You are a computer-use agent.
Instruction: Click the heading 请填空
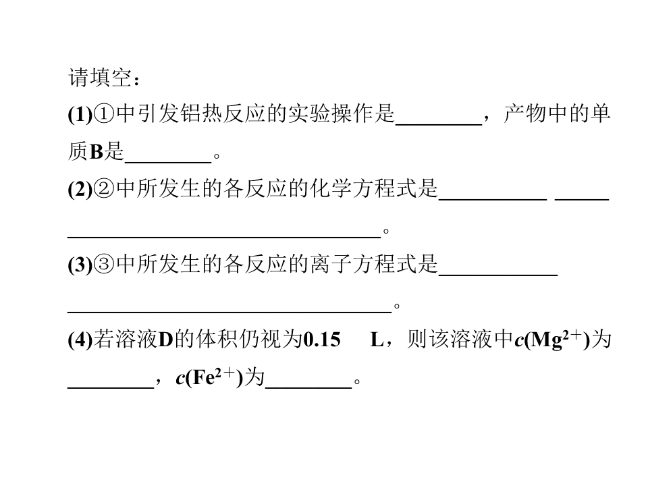[100, 78]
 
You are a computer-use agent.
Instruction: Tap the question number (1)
[80, 114]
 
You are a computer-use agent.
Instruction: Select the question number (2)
[80, 189]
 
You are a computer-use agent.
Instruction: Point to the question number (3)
[80, 265]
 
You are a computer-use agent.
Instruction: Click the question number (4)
[80, 340]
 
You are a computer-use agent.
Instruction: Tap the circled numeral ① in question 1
[104, 114]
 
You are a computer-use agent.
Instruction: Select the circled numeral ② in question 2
[104, 189]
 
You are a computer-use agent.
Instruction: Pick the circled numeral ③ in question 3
[104, 265]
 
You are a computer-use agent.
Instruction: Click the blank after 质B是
[168, 162]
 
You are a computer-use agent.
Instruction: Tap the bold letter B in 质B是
[97, 152]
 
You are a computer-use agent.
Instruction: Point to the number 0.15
[322, 340]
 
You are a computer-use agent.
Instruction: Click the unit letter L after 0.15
[377, 340]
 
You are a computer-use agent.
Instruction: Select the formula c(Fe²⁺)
[209, 377]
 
